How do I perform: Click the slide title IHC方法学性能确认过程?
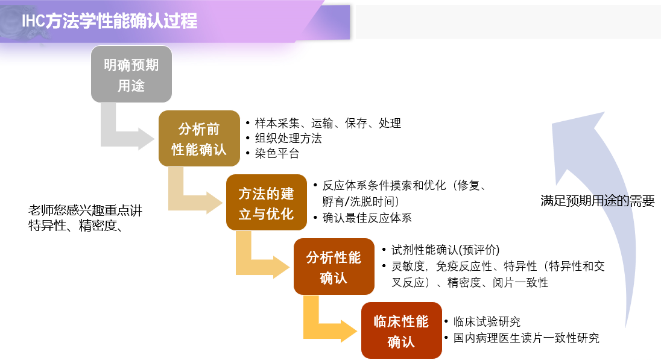pyautogui.click(x=109, y=21)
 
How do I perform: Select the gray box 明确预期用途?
pyautogui.click(x=131, y=75)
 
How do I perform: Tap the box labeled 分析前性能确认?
pyautogui.click(x=199, y=139)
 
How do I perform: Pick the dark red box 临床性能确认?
pyautogui.click(x=401, y=330)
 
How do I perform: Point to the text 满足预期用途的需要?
pyautogui.click(x=597, y=201)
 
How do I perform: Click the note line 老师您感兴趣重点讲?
pyautogui.click(x=85, y=210)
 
